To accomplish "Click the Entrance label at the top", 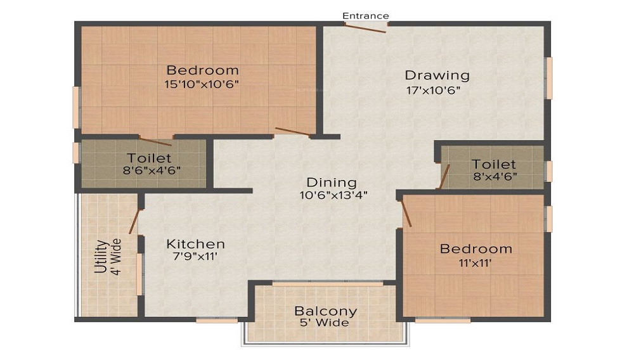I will tap(366, 16).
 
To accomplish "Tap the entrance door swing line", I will tap(366, 28).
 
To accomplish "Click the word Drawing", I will tap(437, 75).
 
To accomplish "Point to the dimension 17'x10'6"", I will tap(433, 90).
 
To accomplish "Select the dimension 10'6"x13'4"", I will tap(333, 195).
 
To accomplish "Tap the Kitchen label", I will tap(195, 244).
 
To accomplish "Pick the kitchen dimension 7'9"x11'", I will tap(195, 257).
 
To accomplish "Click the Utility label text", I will tap(100, 256).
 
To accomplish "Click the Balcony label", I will tap(325, 311).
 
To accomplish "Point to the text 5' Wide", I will tap(325, 323).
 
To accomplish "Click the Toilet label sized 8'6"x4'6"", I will tap(148, 158).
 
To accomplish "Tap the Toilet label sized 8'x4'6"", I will tap(493, 165).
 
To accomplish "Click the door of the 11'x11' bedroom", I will tap(406, 212).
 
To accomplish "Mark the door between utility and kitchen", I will tap(134, 221).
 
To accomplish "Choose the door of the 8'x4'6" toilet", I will tap(444, 176).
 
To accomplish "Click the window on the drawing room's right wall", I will tap(549, 78).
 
